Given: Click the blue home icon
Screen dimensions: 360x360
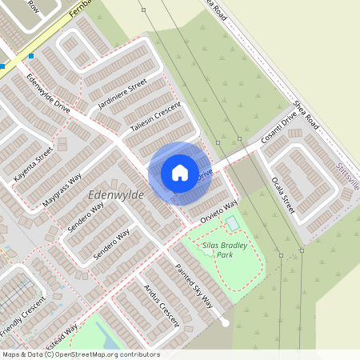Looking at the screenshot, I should pyautogui.click(x=179, y=172).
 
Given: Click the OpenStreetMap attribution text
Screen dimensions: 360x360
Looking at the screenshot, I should pyautogui.click(x=80, y=354).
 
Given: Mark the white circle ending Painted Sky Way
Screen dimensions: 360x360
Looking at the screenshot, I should pyautogui.click(x=226, y=323).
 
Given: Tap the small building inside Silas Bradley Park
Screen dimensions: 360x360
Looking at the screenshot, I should pyautogui.click(x=232, y=223).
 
